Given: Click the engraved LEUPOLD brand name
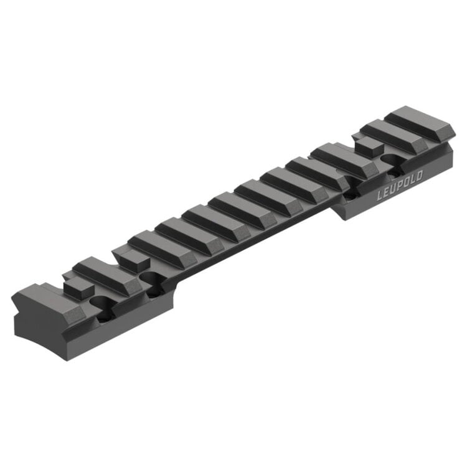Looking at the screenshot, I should pos(400,186).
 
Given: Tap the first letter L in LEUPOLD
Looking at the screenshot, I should pos(380,195).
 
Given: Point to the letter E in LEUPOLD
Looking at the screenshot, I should pos(387,192).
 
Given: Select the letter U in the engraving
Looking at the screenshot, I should pos(394,189).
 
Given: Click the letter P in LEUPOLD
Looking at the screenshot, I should pos(400,186).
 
